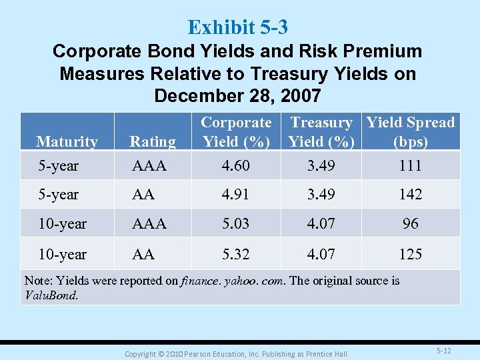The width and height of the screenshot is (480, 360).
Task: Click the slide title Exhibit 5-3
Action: click(238, 27)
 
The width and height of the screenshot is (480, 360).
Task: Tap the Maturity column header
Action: click(67, 141)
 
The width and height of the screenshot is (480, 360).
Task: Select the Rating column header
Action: click(153, 141)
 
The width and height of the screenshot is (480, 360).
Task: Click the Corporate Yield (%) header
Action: click(236, 132)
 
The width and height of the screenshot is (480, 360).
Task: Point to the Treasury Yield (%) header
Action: click(321, 132)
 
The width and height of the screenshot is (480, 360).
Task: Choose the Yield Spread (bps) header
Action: click(411, 132)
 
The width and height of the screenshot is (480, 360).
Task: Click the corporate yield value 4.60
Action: click(236, 165)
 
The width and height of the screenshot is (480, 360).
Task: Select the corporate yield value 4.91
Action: click(236, 195)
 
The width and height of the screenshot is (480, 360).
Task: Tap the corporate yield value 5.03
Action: click(236, 224)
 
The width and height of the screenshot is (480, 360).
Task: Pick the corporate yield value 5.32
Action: click(236, 254)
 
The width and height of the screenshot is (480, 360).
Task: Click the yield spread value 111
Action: click(411, 165)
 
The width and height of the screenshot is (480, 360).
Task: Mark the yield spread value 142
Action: click(411, 195)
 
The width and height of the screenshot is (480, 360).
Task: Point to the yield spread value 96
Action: click(411, 224)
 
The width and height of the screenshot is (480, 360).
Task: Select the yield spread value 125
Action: click(411, 254)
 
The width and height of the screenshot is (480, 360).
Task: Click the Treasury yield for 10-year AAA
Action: click(321, 224)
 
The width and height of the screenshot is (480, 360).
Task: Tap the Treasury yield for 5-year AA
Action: click(321, 195)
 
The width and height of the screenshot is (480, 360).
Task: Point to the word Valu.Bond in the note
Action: click(51, 295)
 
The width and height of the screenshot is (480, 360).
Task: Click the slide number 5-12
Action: click(444, 350)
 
